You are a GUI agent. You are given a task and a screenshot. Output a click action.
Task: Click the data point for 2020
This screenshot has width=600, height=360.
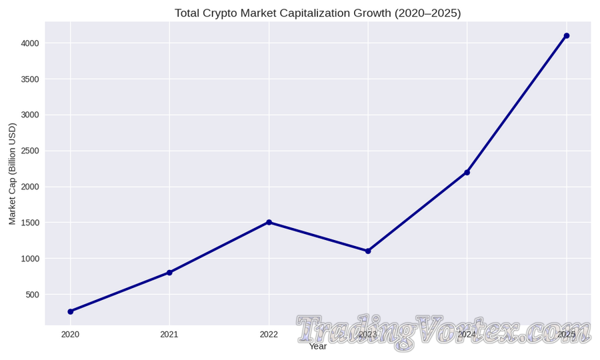pos(71,311)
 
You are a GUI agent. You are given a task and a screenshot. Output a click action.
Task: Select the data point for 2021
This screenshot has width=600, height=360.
pos(169,273)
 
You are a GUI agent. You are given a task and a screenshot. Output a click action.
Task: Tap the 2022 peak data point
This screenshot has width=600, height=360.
pos(269,222)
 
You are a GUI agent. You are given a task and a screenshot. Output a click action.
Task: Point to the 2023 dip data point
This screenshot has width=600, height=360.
pos(368,251)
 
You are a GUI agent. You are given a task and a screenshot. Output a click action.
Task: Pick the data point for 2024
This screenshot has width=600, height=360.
pos(467,172)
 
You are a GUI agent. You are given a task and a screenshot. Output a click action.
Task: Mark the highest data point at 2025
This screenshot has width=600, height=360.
pos(566,36)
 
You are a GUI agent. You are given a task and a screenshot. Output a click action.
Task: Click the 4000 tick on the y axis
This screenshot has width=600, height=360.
pos(30,43)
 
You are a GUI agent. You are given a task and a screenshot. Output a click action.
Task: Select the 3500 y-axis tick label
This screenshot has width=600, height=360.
pos(30,79)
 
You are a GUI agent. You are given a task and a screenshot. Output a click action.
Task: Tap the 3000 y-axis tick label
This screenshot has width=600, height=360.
pos(30,115)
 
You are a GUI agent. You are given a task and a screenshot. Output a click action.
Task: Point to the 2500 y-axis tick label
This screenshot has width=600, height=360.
pos(30,151)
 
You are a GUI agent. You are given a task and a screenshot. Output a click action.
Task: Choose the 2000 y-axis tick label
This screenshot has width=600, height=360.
pos(30,187)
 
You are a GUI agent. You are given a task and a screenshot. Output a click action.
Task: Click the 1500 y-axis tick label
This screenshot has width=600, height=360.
pos(30,223)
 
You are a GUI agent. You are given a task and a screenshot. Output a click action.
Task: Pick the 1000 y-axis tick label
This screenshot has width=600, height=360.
pos(30,259)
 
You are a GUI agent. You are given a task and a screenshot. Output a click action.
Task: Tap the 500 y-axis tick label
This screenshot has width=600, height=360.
pos(33,295)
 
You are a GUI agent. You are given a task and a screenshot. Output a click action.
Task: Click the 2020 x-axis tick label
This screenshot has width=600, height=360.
pos(71,335)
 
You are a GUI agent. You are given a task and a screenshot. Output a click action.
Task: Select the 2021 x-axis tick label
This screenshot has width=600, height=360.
pos(169,335)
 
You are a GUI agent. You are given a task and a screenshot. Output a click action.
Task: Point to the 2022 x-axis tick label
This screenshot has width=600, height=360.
pos(269,335)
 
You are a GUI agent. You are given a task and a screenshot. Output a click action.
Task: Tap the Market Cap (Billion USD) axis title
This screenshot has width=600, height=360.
pos(12,173)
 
